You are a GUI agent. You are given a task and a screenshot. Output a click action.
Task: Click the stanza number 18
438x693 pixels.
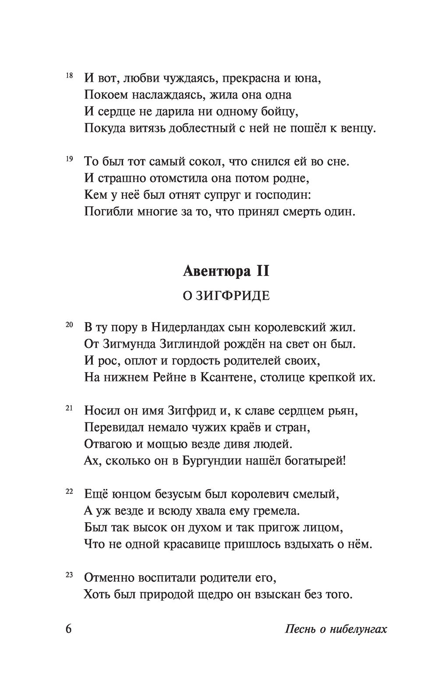point(69,75)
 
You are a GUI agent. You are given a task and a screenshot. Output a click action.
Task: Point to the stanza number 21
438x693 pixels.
point(69,408)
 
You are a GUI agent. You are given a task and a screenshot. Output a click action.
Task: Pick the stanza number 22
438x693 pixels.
point(69,492)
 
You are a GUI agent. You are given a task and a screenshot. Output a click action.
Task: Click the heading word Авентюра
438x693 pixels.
point(212,271)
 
